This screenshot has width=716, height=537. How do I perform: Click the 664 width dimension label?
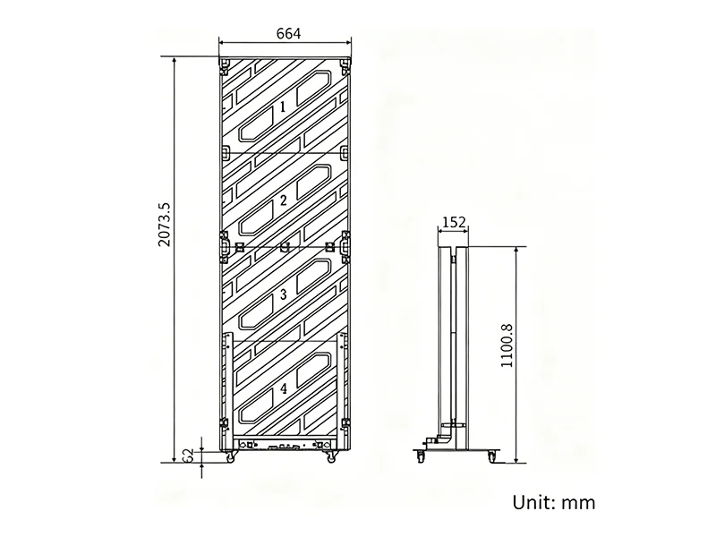tap(288, 34)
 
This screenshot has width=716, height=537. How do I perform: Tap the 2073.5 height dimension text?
tap(164, 225)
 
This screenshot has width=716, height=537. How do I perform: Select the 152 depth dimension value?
tap(454, 222)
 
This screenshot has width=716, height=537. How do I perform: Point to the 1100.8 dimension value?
tap(507, 345)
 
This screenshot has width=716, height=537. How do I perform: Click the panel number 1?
tap(283, 107)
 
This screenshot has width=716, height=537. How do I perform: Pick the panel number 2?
tap(283, 200)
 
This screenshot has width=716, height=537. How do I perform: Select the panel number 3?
tap(283, 294)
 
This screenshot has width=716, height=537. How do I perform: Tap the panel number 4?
tap(284, 388)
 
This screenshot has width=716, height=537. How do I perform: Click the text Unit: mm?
tap(553, 502)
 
